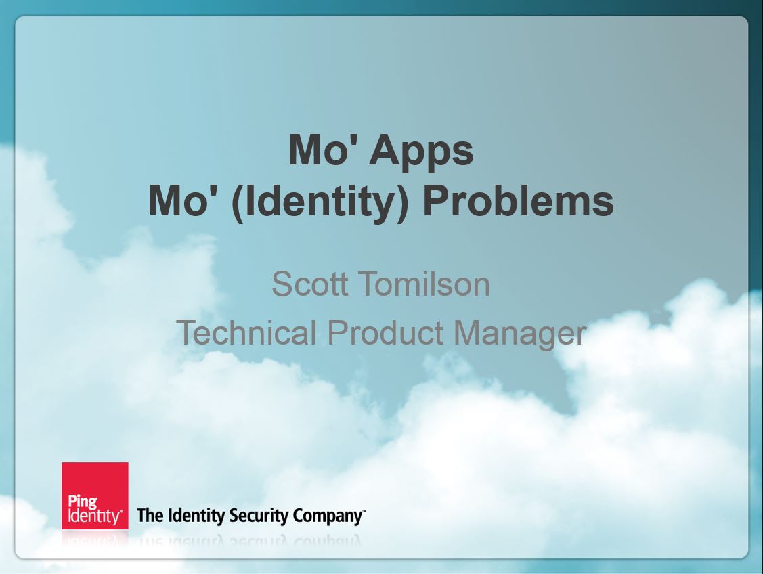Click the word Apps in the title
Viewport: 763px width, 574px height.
coord(421,152)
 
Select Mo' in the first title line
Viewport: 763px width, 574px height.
coord(324,150)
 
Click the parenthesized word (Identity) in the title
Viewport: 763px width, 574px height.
coord(320,202)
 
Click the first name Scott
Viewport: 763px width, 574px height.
coord(309,284)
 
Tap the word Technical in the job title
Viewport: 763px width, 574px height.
coord(246,332)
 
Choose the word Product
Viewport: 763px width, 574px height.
coord(385,332)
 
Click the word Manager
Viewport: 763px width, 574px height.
coord(520,334)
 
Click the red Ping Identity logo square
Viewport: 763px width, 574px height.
coord(95,495)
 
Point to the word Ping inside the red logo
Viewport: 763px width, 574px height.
coord(83,502)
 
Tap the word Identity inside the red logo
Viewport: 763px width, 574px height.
coord(94,516)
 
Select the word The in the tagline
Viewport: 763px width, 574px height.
coord(150,515)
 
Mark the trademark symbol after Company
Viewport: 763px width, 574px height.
coord(364,510)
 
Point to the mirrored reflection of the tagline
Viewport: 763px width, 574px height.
coord(250,541)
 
